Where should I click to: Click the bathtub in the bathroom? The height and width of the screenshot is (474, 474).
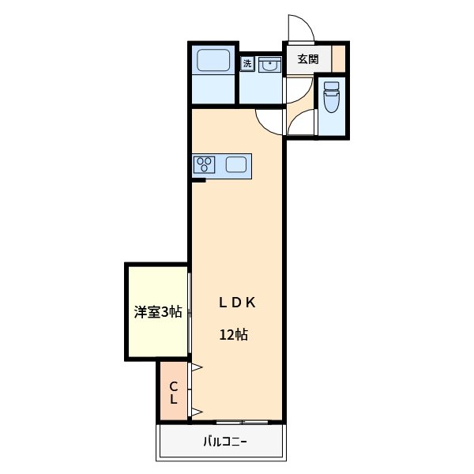[x=213, y=60]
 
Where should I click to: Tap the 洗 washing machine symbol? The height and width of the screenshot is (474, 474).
[x=247, y=63]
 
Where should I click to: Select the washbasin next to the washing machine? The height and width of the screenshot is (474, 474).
[x=269, y=65]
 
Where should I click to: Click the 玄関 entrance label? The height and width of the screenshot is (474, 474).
[x=308, y=59]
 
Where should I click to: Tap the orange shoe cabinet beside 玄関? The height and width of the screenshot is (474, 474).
[x=338, y=59]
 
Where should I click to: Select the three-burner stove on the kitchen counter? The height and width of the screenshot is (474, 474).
[x=206, y=165]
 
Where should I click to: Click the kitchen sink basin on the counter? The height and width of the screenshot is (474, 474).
[x=236, y=165]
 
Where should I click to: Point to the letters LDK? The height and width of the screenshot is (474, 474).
[x=235, y=301]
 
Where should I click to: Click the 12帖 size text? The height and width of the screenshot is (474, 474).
[x=234, y=334]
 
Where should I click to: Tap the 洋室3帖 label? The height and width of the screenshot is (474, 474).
[x=158, y=312]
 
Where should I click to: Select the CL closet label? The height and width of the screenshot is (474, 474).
[x=173, y=393]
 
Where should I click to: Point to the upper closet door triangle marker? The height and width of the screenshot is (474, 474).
[x=195, y=367]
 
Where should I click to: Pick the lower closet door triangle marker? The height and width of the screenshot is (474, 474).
[x=195, y=411]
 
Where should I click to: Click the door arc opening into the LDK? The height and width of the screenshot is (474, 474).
[x=269, y=118]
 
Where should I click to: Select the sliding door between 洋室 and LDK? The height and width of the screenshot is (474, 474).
[x=190, y=312]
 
